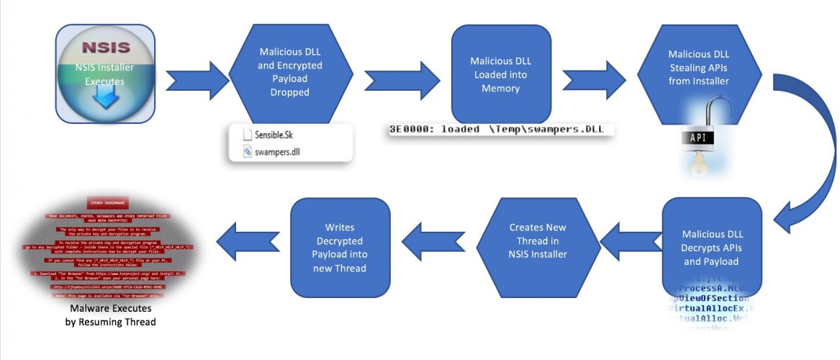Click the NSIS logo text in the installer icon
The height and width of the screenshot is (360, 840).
[105, 49]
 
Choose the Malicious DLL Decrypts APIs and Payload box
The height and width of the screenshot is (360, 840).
[711, 247]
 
